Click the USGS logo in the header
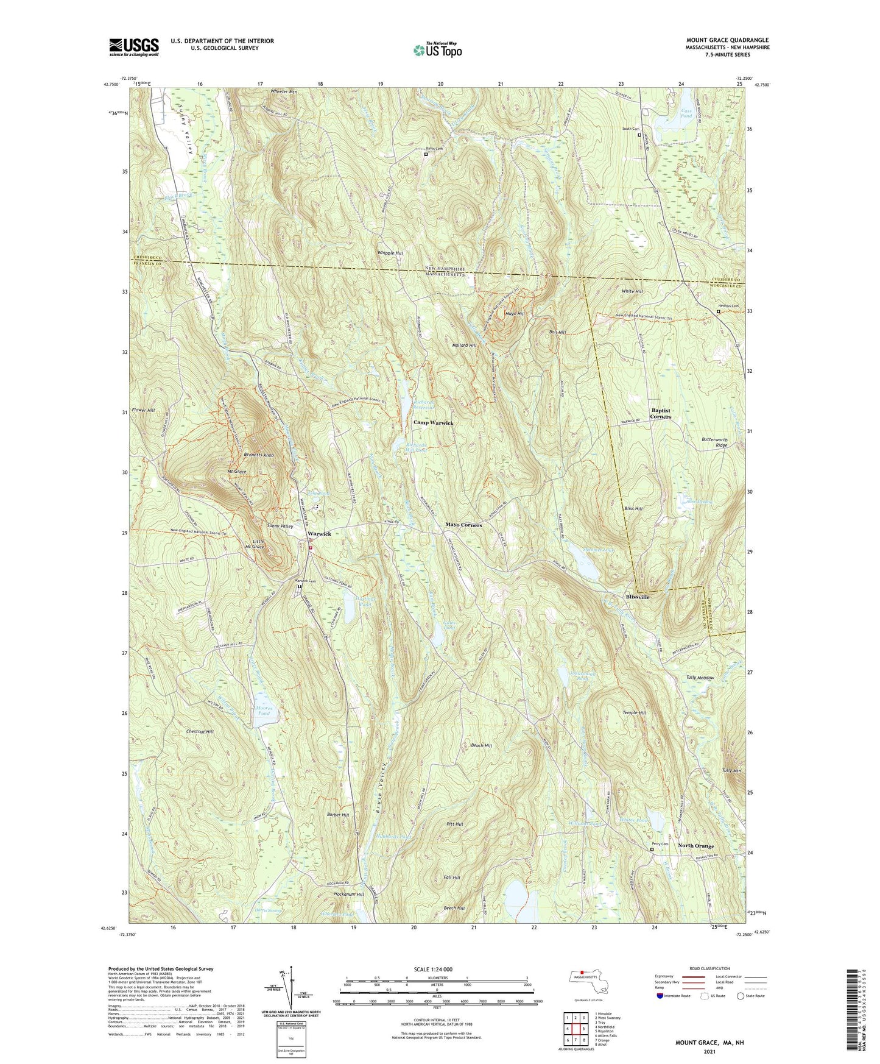(134, 46)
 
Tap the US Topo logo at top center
(437, 49)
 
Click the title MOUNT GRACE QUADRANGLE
(727, 40)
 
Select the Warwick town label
(319, 534)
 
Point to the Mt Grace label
(236, 472)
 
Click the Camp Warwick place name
(434, 422)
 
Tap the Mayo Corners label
(463, 525)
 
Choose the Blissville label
(638, 597)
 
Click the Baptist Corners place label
(661, 413)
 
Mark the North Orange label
(696, 846)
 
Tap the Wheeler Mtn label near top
(284, 91)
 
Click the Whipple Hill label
(390, 253)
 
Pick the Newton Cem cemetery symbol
(718, 311)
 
